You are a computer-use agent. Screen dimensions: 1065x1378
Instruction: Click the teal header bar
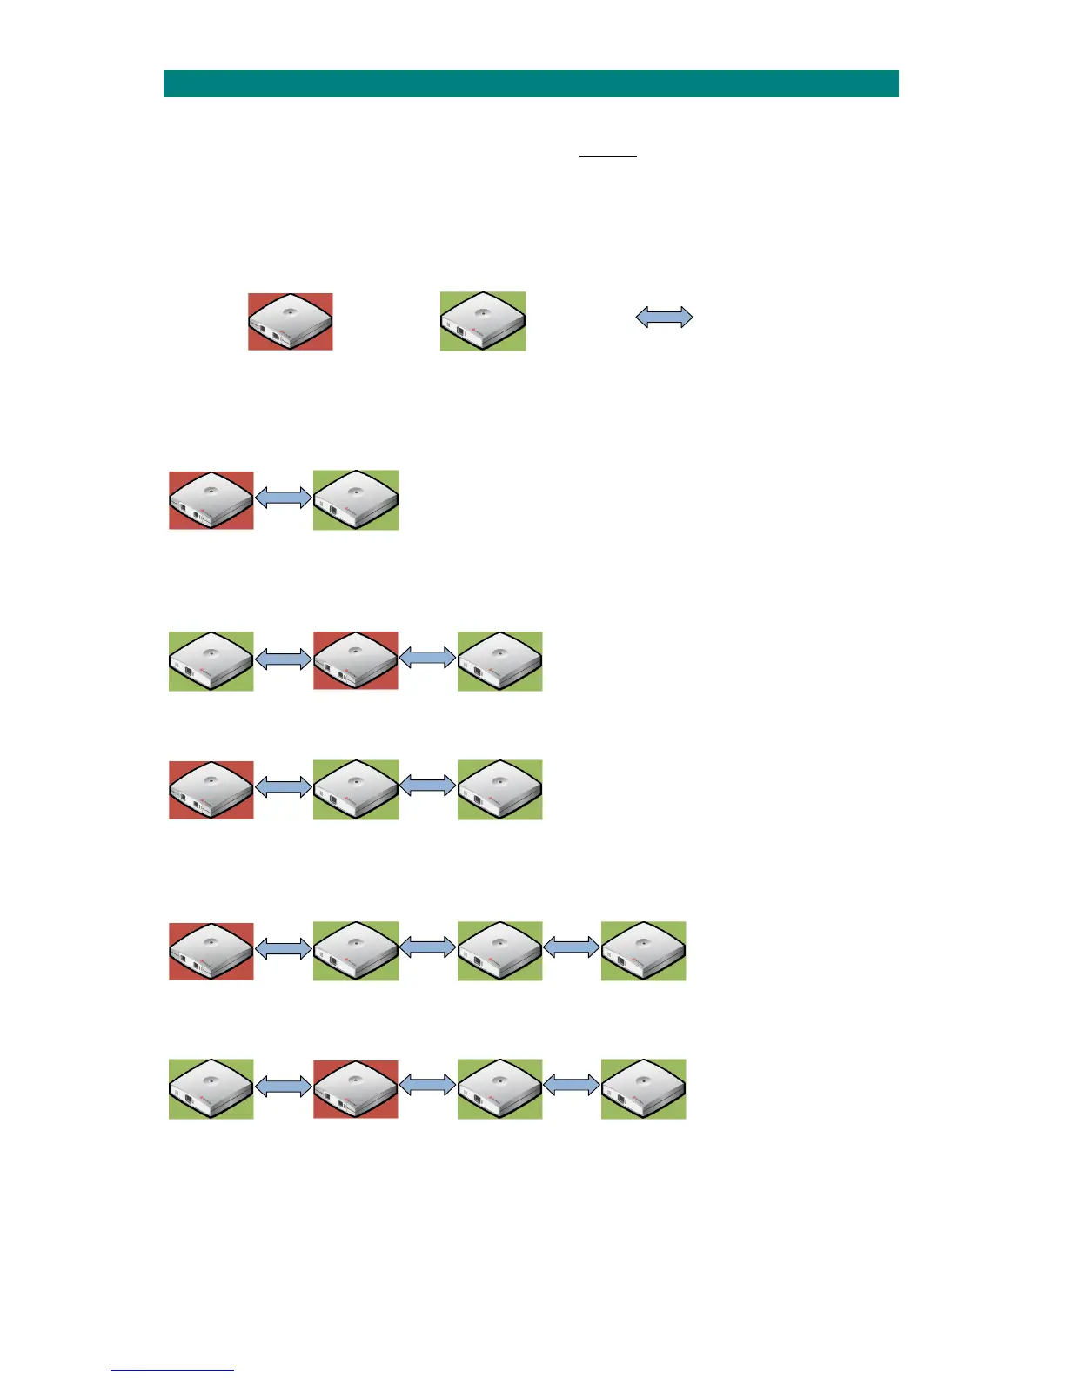click(531, 84)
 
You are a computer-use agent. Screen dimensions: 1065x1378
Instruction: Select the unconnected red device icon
click(291, 322)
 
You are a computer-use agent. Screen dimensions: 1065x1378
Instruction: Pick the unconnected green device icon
click(483, 321)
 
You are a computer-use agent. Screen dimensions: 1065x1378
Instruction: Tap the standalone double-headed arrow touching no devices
click(664, 318)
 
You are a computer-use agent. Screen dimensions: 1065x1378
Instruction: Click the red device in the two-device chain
click(211, 500)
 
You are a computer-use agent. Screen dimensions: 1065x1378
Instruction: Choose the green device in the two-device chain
click(356, 500)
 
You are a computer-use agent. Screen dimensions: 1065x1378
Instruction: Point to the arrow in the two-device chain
click(284, 497)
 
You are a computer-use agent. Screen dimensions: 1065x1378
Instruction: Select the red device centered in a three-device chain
click(356, 661)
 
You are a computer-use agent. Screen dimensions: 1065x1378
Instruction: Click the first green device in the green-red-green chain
click(211, 661)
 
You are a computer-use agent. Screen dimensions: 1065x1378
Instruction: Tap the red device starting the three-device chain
click(211, 790)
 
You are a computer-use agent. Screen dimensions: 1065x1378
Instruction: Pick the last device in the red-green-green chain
click(499, 790)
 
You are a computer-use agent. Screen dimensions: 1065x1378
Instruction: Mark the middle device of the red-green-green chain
click(356, 790)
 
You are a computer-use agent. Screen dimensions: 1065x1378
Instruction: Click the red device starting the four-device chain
click(211, 951)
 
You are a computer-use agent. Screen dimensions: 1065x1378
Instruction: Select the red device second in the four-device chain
click(356, 1089)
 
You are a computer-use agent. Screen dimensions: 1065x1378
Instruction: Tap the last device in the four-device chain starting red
click(643, 951)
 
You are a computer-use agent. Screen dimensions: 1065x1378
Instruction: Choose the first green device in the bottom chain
click(211, 1089)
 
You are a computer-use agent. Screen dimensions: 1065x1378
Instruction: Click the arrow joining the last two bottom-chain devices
click(572, 1085)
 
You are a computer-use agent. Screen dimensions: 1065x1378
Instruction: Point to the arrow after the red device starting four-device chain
click(284, 947)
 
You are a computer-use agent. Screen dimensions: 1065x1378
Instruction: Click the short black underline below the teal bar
click(608, 156)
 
